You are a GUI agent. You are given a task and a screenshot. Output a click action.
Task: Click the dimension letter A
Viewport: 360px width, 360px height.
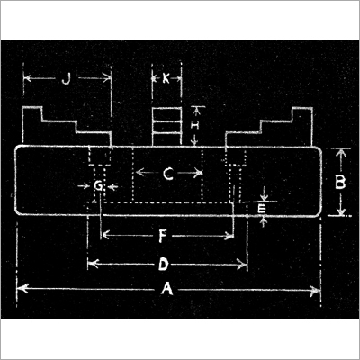click(x=167, y=289)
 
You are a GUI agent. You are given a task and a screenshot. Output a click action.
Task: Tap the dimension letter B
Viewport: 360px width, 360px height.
click(x=340, y=183)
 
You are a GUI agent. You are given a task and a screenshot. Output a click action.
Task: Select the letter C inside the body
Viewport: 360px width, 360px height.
click(x=168, y=174)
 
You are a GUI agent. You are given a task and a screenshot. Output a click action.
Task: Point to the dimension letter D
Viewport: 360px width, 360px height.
click(x=164, y=265)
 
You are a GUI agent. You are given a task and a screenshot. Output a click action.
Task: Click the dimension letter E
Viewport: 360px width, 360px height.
click(x=262, y=208)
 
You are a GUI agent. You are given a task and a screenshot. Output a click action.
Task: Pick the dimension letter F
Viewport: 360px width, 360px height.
click(x=162, y=237)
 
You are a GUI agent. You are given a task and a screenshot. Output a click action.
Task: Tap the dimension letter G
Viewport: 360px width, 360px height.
click(x=98, y=186)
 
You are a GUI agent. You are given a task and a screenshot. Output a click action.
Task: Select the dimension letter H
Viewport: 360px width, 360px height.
click(x=195, y=125)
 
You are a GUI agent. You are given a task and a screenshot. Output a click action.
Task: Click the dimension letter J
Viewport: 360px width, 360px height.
click(x=66, y=79)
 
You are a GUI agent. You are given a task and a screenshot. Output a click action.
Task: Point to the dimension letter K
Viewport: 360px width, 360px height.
click(x=166, y=79)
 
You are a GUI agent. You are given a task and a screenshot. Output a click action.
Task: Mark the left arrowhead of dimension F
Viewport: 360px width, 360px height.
click(x=105, y=235)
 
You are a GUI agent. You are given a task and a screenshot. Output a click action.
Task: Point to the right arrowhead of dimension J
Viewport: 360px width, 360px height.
click(x=107, y=78)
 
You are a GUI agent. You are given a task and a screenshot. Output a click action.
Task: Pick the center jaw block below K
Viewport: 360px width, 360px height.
click(x=166, y=127)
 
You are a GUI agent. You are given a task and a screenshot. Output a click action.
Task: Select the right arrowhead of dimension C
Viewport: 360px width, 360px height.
click(x=198, y=173)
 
